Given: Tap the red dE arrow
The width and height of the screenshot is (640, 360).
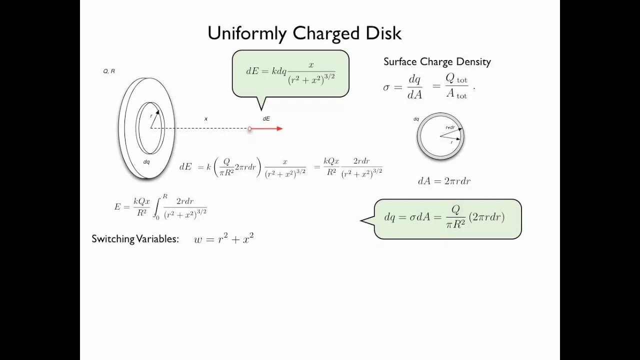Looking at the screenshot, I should (x=267, y=128).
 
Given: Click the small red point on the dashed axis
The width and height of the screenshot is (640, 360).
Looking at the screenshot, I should (x=249, y=128).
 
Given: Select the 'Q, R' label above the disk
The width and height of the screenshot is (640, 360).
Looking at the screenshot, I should (x=109, y=71).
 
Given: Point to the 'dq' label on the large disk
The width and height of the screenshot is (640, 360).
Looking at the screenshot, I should (x=146, y=161).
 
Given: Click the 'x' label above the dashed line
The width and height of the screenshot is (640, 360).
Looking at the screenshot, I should (x=205, y=119).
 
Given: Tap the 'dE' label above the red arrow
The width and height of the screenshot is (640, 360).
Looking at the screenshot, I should (x=266, y=119).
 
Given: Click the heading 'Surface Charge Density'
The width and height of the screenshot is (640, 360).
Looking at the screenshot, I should (x=437, y=62).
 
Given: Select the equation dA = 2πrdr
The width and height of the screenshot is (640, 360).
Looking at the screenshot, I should (x=444, y=181).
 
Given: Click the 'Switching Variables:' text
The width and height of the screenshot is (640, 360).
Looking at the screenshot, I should (x=135, y=239).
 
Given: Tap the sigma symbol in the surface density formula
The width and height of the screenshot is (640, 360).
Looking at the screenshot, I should (x=386, y=87).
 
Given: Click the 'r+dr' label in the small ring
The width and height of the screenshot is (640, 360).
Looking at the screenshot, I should (x=450, y=127).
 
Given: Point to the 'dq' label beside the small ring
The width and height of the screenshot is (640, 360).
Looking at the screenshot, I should (x=416, y=119).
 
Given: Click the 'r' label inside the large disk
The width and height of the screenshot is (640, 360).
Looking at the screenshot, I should (x=151, y=116).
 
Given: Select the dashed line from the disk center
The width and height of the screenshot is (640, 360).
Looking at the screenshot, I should (x=200, y=128).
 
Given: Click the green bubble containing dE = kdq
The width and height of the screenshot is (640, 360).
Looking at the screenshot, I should (x=290, y=73).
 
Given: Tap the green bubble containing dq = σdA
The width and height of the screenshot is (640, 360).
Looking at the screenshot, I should (x=447, y=218).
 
